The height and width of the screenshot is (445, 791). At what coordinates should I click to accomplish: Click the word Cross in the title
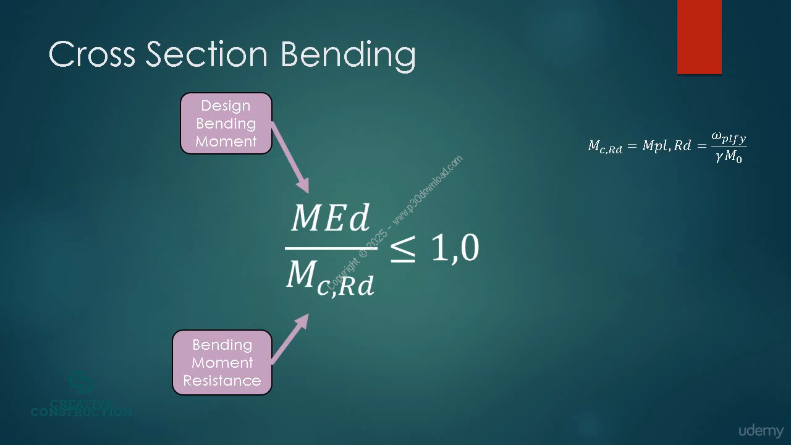pos(92,54)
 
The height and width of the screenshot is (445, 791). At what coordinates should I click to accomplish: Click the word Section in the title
pos(207,53)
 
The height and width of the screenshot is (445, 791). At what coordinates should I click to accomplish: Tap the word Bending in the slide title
pos(348,56)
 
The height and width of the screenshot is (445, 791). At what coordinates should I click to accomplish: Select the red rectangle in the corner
pos(699,36)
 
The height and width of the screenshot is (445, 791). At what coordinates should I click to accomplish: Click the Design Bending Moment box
pos(226,123)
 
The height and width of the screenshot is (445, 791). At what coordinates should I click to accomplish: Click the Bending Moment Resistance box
pos(222,362)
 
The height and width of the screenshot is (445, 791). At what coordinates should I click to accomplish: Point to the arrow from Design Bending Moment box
pos(290,157)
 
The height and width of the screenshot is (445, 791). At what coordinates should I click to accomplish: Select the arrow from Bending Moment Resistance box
pos(290,339)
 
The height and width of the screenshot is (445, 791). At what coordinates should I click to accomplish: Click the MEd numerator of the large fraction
pos(331,218)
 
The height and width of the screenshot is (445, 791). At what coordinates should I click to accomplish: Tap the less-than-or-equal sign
pos(402,249)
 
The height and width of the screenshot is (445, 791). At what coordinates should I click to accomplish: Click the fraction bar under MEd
pos(331,248)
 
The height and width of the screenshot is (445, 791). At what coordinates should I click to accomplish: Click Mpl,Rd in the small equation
pos(666,145)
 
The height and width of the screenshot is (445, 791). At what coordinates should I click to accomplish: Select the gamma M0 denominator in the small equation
pos(729,156)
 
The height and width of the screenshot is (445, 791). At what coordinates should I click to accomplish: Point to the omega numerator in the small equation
pos(729,138)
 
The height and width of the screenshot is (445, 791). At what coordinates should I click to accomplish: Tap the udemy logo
pos(761,431)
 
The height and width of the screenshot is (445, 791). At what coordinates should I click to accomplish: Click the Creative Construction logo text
pos(81,409)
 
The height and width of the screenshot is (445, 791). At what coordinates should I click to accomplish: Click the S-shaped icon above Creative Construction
pos(81,383)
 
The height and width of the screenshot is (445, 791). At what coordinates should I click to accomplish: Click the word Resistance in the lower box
pos(222,381)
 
